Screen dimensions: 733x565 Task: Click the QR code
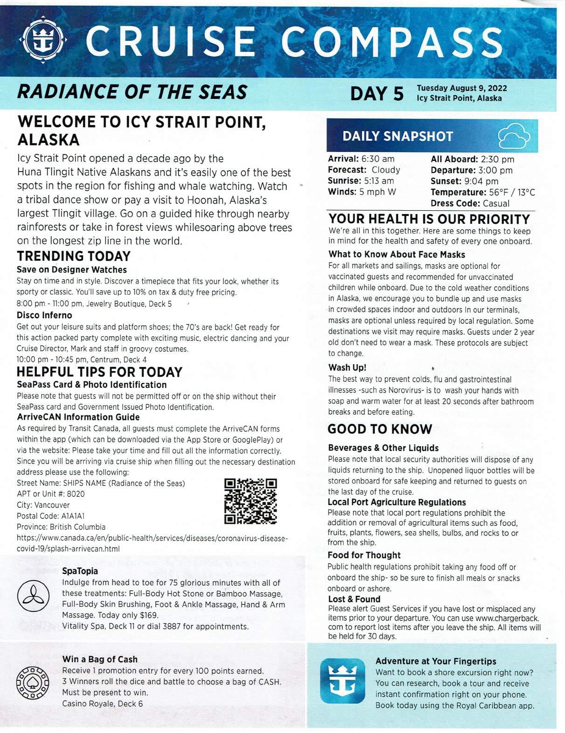(x=250, y=501)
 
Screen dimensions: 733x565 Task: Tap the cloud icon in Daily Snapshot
(x=514, y=136)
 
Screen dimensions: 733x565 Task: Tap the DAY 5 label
(x=377, y=93)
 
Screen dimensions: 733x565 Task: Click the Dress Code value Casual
(x=496, y=203)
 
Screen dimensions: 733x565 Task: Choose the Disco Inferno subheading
(x=44, y=315)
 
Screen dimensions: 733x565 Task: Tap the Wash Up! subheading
(x=347, y=367)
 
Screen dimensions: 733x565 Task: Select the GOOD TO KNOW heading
(x=379, y=429)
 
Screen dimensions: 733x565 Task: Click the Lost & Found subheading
(x=354, y=599)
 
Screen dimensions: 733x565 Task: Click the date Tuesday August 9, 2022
(x=462, y=88)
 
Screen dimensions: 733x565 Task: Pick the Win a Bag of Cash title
(x=100, y=659)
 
